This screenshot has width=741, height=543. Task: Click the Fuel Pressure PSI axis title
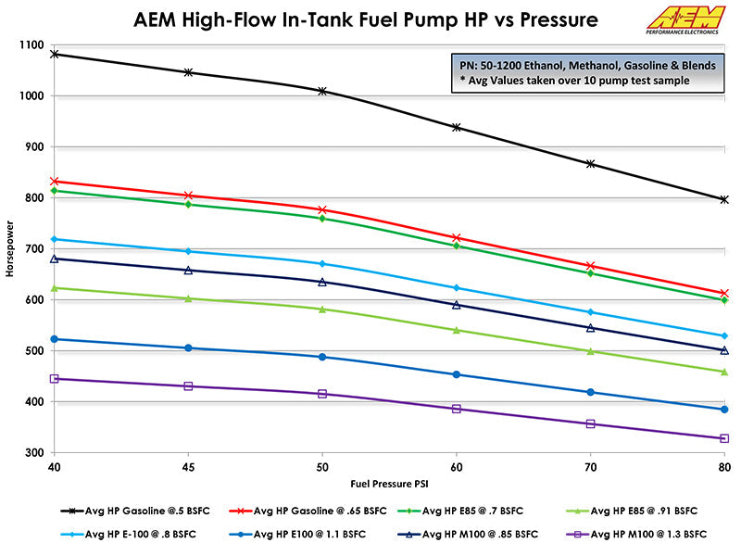(390, 483)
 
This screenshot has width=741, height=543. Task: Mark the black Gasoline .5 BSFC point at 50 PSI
(322, 91)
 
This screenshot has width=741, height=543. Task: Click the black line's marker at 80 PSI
(723, 199)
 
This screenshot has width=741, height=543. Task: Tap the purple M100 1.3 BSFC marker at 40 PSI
(55, 378)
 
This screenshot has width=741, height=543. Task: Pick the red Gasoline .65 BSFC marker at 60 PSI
(456, 238)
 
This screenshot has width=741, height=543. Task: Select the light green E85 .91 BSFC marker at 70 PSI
(590, 351)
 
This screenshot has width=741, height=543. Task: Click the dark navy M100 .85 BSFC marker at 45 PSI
(189, 271)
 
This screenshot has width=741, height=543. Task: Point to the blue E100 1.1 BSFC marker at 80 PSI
(723, 409)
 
